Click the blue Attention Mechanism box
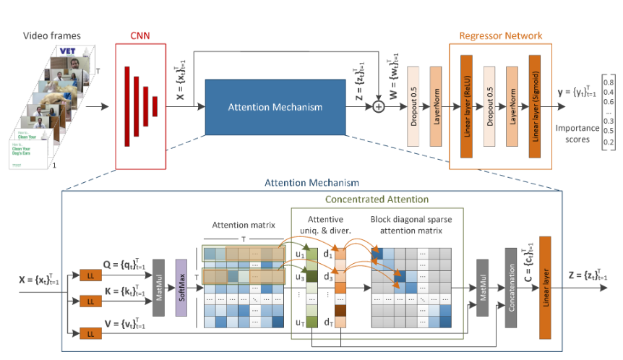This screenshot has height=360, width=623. [x=274, y=106]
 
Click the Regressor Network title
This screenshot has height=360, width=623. [x=500, y=34]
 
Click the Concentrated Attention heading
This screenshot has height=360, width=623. [x=377, y=199]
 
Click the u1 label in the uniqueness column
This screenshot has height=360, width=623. [x=298, y=254]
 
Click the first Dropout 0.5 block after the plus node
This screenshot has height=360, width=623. [x=414, y=97]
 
